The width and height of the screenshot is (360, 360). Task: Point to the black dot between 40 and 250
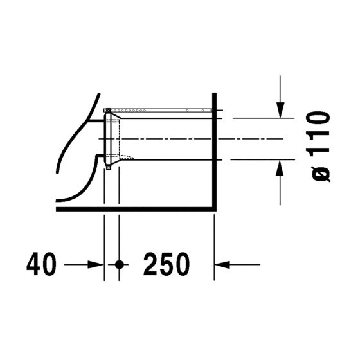(119, 264)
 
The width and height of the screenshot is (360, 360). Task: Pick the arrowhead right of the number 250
(221, 264)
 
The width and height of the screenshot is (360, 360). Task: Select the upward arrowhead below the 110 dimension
(280, 166)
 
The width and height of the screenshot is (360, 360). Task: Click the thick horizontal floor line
(135, 209)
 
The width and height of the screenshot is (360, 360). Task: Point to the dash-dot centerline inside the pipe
(167, 138)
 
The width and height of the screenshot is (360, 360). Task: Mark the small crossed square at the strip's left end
(109, 110)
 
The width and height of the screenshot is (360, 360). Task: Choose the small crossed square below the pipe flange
(109, 168)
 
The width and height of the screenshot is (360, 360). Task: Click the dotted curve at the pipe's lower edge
(127, 157)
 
